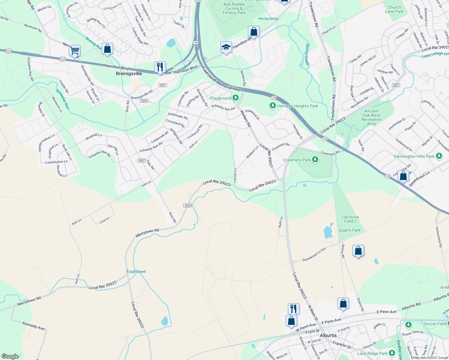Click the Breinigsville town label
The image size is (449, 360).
(x=129, y=73)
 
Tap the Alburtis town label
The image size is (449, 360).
(x=328, y=335)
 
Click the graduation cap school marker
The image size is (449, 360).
(x=226, y=47)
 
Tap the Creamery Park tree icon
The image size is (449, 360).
(x=315, y=160)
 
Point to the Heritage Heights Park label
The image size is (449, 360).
(x=297, y=106)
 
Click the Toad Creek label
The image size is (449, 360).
(x=136, y=271)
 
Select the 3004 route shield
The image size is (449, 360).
(x=187, y=205)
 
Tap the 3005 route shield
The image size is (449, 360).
(x=144, y=101)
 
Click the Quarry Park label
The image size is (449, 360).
(x=350, y=230)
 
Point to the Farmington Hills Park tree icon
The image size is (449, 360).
(x=439, y=156)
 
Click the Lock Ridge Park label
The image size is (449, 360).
(x=372, y=353)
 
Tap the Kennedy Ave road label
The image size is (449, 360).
(x=34, y=326)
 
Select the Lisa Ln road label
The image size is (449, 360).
(x=104, y=220)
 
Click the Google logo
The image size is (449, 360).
(x=10, y=356)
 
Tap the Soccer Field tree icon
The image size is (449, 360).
(x=408, y=325)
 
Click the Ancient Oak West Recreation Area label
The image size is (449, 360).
(x=371, y=117)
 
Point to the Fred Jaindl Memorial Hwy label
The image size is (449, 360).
(x=221, y=79)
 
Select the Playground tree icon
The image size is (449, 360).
(x=235, y=98)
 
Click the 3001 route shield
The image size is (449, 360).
(x=396, y=85)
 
